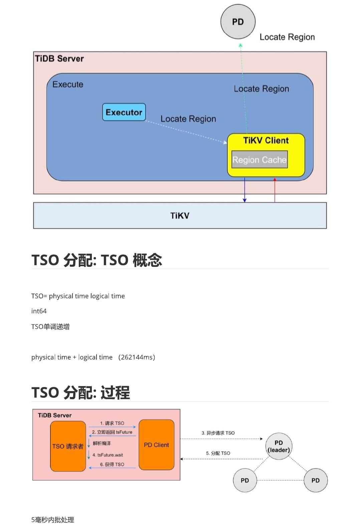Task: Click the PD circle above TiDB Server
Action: point(238,22)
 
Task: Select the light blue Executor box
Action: point(124,112)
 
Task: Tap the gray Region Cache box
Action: point(259,160)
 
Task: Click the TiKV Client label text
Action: point(266,140)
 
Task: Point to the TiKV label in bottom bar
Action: point(180,216)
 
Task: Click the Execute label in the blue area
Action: point(68,84)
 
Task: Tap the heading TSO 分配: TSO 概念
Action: point(97,260)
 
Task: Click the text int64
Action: point(39,311)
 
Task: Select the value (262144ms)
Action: point(137,357)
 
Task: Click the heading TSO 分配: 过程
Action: point(80,392)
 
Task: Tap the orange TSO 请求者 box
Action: point(68,446)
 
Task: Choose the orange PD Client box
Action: point(156,445)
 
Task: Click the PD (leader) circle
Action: point(279,446)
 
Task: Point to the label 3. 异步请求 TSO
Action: point(218,433)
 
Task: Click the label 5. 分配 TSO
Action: point(218,453)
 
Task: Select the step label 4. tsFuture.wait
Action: point(108,455)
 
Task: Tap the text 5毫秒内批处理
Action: point(53,520)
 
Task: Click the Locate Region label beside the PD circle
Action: point(287,37)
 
